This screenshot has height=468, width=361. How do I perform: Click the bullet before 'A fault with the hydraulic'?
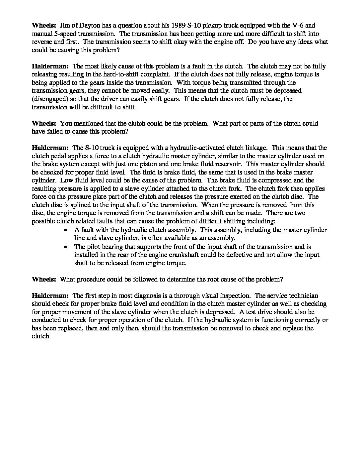point(66,230)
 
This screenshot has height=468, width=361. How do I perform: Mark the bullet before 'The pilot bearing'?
point(66,247)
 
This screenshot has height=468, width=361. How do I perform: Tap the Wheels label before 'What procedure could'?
point(44,279)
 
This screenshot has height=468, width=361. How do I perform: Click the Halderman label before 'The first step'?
point(50,295)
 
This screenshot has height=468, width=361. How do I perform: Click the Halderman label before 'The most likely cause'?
point(50,66)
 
